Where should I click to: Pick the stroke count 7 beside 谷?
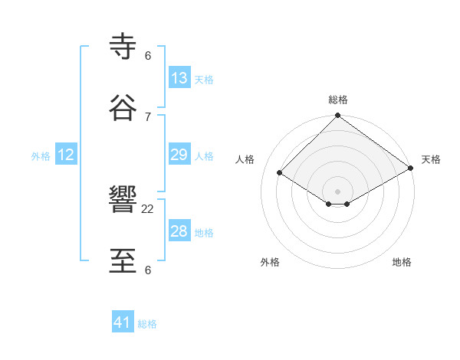[148, 116]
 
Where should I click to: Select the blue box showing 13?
[179, 78]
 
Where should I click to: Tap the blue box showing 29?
[179, 155]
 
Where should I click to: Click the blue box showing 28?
[179, 231]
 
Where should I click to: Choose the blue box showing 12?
[66, 155]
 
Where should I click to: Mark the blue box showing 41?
[123, 322]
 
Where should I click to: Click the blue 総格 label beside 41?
[147, 324]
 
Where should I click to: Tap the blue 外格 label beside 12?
[41, 156]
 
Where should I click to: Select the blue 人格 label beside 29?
[204, 156]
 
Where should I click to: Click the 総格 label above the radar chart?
[338, 100]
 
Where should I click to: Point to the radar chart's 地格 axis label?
[402, 262]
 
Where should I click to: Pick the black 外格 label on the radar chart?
[270, 262]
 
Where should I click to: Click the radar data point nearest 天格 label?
[411, 169]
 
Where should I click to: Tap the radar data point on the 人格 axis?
[280, 173]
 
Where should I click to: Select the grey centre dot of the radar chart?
[338, 191]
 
